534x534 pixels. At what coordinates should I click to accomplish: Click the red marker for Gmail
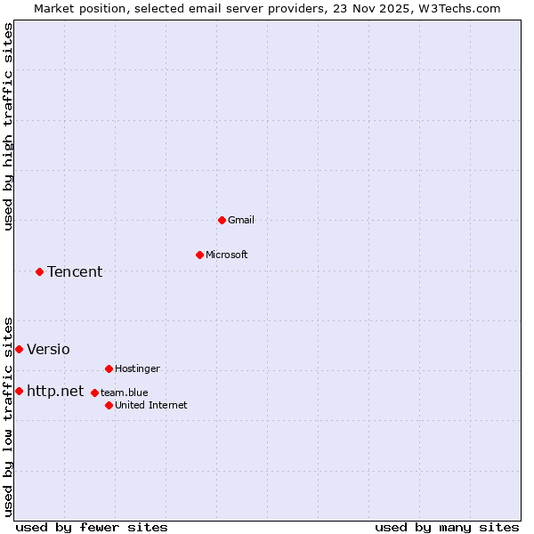tap(222, 220)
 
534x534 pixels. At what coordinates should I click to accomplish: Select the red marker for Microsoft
tap(199, 255)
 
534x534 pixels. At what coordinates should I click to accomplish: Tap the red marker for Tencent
tap(39, 271)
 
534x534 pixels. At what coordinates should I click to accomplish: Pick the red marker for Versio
tap(19, 349)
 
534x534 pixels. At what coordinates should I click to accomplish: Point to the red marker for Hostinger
tap(109, 368)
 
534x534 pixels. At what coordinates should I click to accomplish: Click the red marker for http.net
tap(19, 391)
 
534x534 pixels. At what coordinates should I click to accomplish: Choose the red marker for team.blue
tap(94, 392)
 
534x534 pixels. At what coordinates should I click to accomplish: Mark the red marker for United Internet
tap(109, 405)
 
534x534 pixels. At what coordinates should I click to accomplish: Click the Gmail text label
tap(241, 220)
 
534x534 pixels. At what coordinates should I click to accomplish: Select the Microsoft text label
tap(227, 255)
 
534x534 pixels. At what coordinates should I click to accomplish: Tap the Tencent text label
tap(75, 271)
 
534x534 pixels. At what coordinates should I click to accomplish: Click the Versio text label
tap(48, 349)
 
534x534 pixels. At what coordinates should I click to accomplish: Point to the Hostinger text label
tap(137, 368)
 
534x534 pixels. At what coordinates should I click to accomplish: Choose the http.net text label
tap(55, 391)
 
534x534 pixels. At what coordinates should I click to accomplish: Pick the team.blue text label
tap(125, 392)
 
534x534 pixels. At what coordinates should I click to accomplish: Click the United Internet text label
tap(151, 405)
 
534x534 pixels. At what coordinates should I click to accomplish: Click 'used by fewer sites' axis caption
tap(92, 527)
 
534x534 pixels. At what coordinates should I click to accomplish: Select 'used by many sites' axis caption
tap(447, 527)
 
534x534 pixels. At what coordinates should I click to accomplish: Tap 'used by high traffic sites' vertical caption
tap(8, 126)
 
